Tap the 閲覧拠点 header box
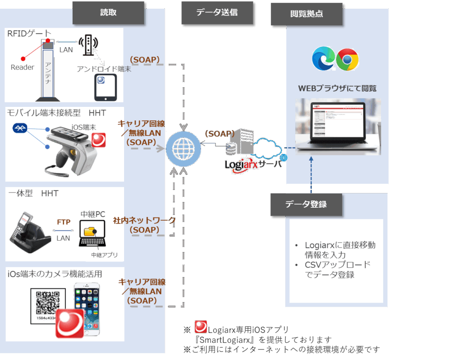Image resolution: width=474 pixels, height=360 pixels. coord(306,14)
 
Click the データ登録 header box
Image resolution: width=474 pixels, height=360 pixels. coord(306,204)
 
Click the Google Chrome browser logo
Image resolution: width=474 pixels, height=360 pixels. coord(347,60)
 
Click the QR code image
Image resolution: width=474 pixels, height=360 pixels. coord(48,304)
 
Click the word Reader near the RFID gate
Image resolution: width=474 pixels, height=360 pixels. coord(22,68)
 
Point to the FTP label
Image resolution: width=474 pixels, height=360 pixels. coord(63,222)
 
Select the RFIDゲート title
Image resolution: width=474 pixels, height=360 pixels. coord(29,33)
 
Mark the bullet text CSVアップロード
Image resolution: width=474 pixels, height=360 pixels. coord(337,265)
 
